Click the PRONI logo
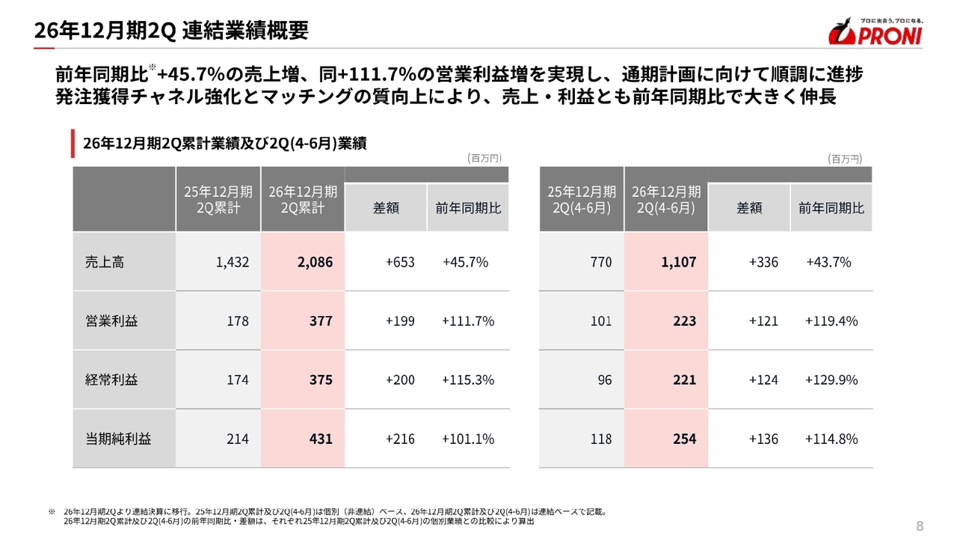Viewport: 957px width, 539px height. pyautogui.click(x=876, y=31)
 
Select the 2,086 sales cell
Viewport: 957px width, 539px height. pyautogui.click(x=315, y=262)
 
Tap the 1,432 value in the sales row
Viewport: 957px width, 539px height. pyautogui.click(x=232, y=262)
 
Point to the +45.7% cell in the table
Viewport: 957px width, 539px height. pyautogui.click(x=465, y=262)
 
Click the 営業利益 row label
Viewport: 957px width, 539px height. pyautogui.click(x=111, y=321)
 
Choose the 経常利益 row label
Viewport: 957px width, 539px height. pyautogui.click(x=111, y=380)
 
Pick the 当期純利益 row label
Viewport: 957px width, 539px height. pyautogui.click(x=118, y=439)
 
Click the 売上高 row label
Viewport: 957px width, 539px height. pyautogui.click(x=105, y=262)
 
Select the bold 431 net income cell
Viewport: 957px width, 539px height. pyautogui.click(x=321, y=439)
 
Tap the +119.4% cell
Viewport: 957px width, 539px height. pyautogui.click(x=831, y=321)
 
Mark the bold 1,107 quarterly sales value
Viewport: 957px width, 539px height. pyautogui.click(x=678, y=262)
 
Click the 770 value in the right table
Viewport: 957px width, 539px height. pyautogui.click(x=600, y=262)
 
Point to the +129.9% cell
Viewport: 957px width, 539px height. pyautogui.click(x=831, y=380)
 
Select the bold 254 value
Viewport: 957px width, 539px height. pyautogui.click(x=684, y=439)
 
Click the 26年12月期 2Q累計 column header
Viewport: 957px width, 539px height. pyautogui.click(x=303, y=200)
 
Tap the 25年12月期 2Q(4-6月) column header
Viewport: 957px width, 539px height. pyautogui.click(x=582, y=200)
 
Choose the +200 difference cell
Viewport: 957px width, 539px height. pyautogui.click(x=400, y=380)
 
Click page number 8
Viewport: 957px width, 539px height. pyautogui.click(x=920, y=526)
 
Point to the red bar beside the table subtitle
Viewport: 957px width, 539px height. pyautogui.click(x=73, y=143)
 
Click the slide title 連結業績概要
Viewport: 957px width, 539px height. pyautogui.click(x=245, y=31)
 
